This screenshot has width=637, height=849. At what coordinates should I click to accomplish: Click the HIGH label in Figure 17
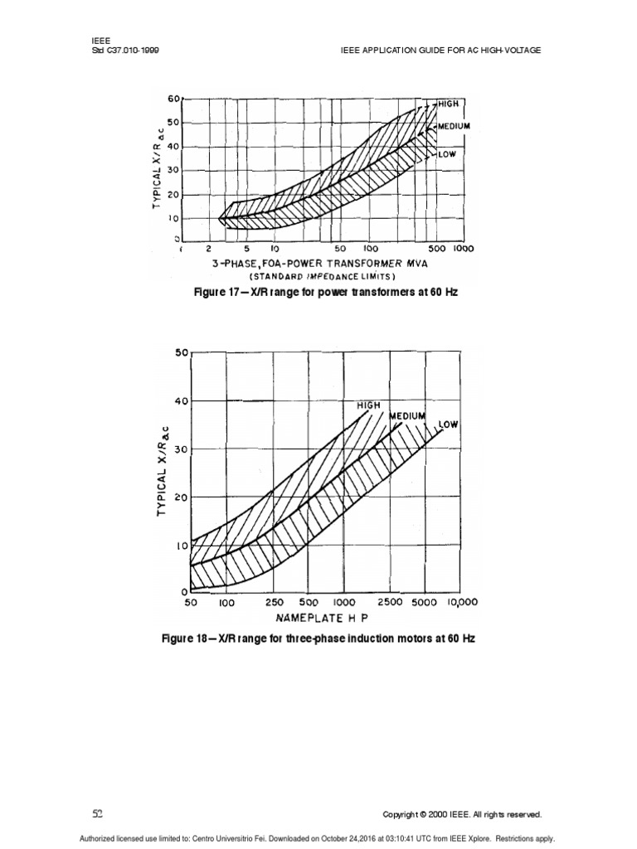click(x=448, y=104)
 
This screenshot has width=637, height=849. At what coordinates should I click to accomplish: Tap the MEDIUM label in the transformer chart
click(x=453, y=127)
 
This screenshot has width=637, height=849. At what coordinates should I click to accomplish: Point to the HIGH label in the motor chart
click(x=368, y=405)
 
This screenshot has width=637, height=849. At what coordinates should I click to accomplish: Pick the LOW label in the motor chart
click(x=449, y=424)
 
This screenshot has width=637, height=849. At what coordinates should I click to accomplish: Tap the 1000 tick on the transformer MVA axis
click(x=463, y=248)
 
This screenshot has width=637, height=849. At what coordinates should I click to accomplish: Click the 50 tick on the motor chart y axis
click(x=182, y=352)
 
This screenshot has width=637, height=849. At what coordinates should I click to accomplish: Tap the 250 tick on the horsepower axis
click(x=274, y=603)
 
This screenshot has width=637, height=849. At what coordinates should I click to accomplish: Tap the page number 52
click(x=97, y=814)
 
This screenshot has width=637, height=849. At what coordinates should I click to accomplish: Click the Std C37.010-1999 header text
click(x=124, y=50)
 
